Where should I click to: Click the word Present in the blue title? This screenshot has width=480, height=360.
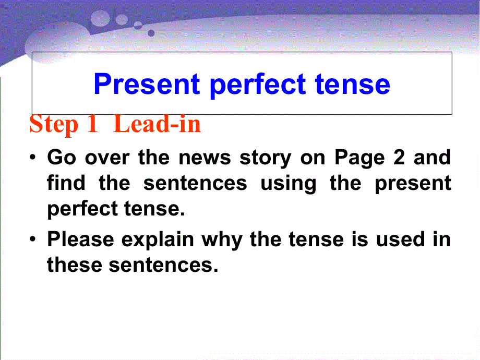[146, 84]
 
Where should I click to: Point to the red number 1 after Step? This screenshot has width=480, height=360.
[92, 125]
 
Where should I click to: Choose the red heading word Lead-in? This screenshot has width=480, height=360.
[157, 125]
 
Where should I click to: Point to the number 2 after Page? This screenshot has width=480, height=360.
[399, 158]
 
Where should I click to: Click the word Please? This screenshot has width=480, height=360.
[80, 239]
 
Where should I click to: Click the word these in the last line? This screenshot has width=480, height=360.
[75, 265]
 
